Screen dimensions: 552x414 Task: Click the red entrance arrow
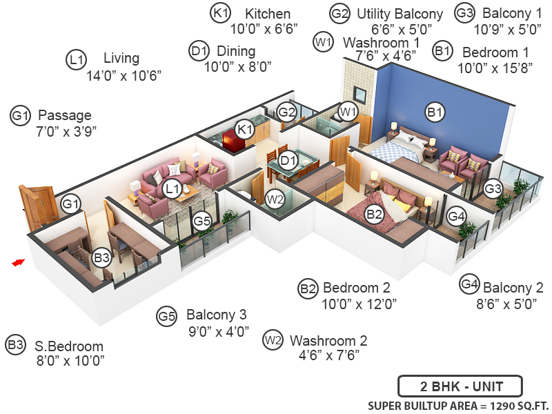tap(19, 262)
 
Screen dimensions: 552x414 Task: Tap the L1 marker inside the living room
tap(172, 189)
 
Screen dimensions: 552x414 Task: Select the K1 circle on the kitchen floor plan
tap(245, 130)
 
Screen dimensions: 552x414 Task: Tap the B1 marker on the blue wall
tap(435, 112)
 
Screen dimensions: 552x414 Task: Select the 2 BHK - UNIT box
tap(460, 386)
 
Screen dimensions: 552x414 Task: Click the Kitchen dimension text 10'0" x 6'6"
tap(264, 28)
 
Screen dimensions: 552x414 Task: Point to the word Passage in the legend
tap(65, 115)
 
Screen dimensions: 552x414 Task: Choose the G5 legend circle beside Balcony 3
tap(166, 316)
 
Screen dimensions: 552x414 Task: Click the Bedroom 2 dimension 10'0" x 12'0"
tap(359, 304)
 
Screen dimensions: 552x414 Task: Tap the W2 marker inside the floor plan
tap(275, 199)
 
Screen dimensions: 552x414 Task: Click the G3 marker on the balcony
tap(493, 188)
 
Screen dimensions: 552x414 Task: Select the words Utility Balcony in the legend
tap(400, 14)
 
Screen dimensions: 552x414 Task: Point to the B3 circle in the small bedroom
tap(102, 257)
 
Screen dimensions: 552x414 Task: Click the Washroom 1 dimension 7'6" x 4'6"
tap(386, 56)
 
